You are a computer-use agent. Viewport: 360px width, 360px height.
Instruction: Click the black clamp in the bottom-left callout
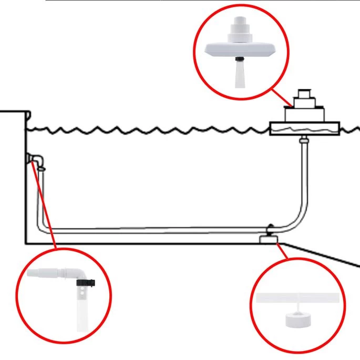(x=85, y=284)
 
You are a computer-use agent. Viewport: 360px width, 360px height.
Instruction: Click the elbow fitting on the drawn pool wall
(x=35, y=159)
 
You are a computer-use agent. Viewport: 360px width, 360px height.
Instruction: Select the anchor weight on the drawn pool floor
(x=269, y=240)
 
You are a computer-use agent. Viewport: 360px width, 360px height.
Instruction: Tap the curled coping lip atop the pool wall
(x=28, y=115)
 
